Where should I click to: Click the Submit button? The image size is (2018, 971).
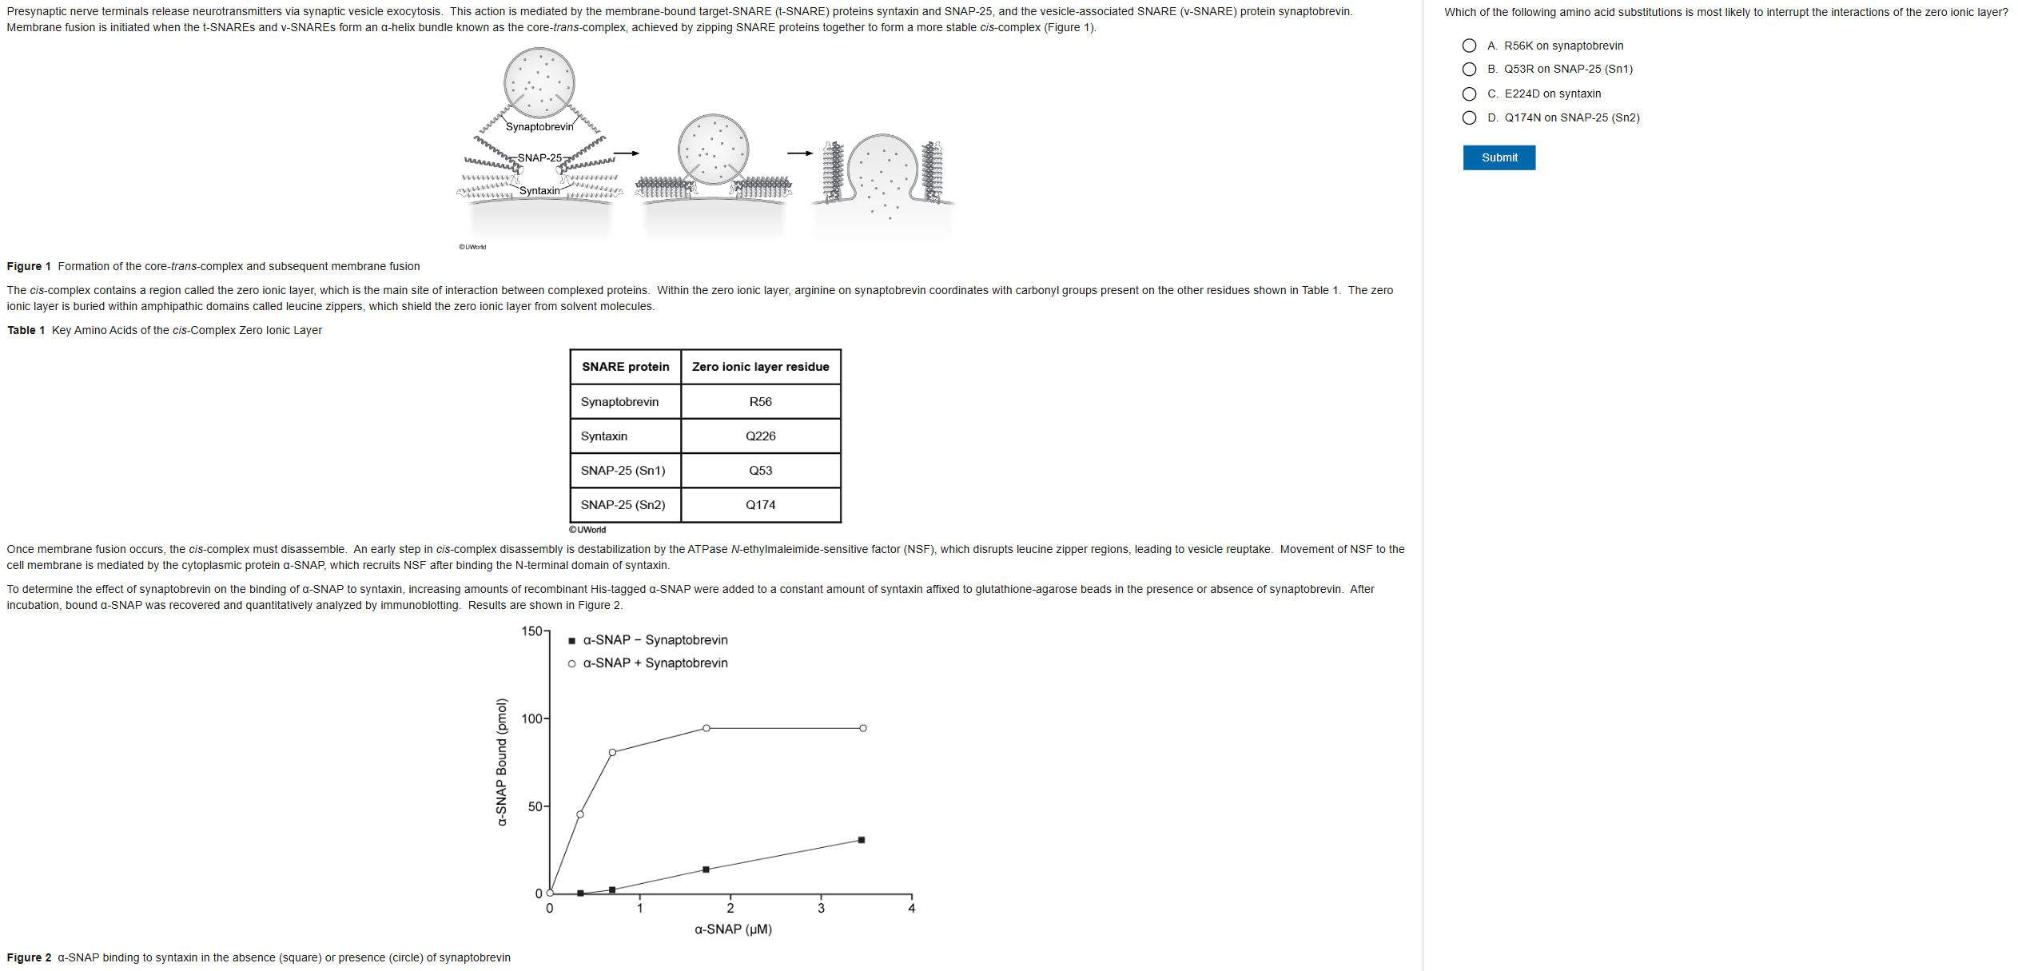[1499, 157]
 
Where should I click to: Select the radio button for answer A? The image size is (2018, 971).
[1469, 46]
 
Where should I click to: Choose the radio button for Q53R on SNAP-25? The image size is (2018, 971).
[1469, 70]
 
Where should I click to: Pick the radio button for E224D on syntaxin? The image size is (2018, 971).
[1469, 94]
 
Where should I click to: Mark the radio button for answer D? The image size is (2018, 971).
[1469, 118]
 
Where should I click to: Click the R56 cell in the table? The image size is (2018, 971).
[760, 402]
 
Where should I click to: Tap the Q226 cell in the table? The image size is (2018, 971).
[760, 436]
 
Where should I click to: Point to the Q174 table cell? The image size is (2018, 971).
[760, 505]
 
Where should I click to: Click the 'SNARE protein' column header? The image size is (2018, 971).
[625, 367]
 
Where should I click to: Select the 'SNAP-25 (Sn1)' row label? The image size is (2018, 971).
[623, 471]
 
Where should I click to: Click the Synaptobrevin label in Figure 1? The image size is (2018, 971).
[539, 127]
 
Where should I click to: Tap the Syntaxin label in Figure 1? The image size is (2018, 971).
[539, 191]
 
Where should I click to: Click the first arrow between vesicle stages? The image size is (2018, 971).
[627, 153]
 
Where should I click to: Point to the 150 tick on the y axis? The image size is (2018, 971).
[532, 631]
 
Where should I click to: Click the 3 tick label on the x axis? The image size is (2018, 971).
[821, 909]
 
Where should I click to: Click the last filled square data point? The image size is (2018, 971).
[861, 840]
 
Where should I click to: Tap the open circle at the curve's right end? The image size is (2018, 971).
[863, 728]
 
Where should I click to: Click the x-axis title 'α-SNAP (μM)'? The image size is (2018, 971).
[733, 929]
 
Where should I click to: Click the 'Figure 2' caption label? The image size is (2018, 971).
[29, 957]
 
